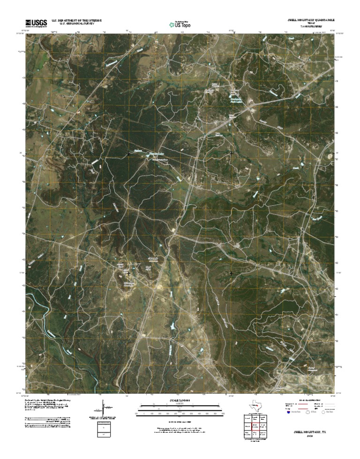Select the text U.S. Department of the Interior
(77, 20)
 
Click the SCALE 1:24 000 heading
(180, 400)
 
